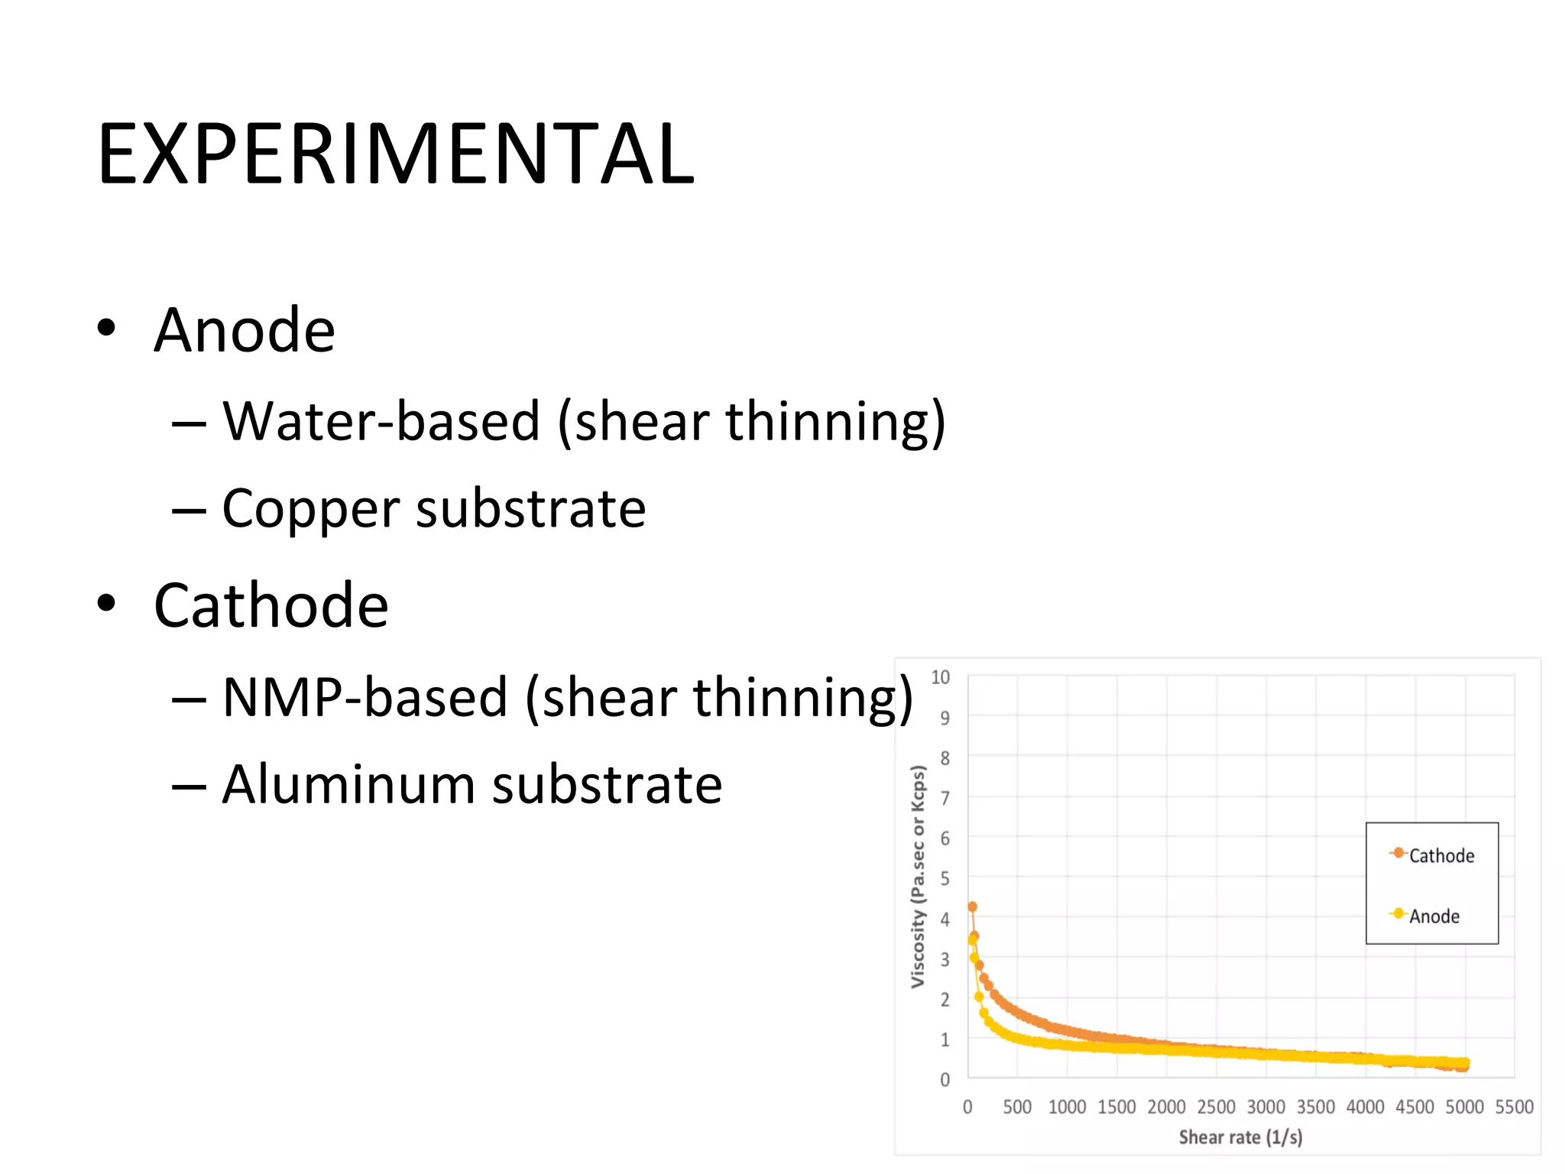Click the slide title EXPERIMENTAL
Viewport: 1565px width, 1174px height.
coord(396,154)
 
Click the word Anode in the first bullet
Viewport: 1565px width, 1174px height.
coord(245,330)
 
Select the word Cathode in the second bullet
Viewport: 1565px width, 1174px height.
coord(271,605)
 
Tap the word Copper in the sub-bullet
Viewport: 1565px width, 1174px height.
coord(311,509)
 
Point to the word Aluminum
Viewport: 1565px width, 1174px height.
coord(349,784)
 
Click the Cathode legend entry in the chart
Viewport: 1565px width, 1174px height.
coord(1440,855)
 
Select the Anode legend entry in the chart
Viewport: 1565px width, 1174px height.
coord(1434,916)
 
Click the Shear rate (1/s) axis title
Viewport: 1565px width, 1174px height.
coord(1240,1137)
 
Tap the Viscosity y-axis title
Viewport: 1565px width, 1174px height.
coord(918,877)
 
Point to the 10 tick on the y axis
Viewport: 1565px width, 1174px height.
coord(940,677)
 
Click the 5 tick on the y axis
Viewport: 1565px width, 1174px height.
coord(945,879)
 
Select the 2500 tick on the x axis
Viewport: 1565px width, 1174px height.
coord(1216,1107)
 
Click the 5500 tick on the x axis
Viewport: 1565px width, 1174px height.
coord(1514,1107)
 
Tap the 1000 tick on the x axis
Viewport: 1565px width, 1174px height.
coord(1067,1107)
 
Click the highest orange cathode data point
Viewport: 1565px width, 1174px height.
coord(972,906)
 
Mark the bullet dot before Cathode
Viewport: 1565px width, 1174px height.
coord(107,604)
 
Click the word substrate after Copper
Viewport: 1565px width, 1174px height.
coord(530,509)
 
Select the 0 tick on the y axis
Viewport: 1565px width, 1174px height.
coord(945,1080)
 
